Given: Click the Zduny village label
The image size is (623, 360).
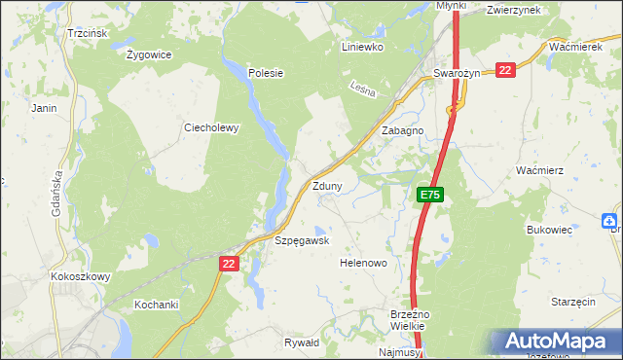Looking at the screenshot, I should pyautogui.click(x=326, y=186).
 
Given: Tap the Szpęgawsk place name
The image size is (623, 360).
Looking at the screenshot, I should pyautogui.click(x=302, y=240).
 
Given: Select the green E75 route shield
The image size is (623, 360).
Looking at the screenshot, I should pyautogui.click(x=431, y=196).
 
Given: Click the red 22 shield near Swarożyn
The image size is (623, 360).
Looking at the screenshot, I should pyautogui.click(x=504, y=70).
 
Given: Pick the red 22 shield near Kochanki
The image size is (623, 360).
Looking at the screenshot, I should pyautogui.click(x=229, y=263).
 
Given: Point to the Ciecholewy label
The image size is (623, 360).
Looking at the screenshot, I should pyautogui.click(x=211, y=126).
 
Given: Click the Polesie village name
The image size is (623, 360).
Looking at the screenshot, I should pyautogui.click(x=265, y=72).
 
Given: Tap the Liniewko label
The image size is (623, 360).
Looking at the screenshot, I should pyautogui.click(x=364, y=46).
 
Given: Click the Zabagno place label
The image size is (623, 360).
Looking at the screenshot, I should pyautogui.click(x=402, y=130).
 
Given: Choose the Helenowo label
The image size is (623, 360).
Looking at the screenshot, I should pyautogui.click(x=363, y=263).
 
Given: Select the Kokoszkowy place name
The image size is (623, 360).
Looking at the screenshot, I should pyautogui.click(x=80, y=276).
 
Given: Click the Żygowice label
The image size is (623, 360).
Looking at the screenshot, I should pyautogui.click(x=149, y=54).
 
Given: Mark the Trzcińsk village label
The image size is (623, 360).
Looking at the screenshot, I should pyautogui.click(x=87, y=32).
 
